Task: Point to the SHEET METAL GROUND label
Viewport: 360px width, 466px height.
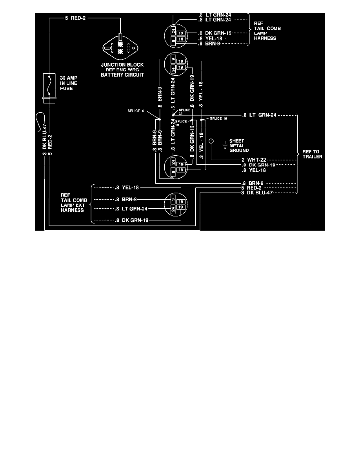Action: point(239,146)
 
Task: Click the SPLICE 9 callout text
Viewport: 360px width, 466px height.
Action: point(136,111)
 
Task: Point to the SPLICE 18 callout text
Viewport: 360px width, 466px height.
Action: point(219,118)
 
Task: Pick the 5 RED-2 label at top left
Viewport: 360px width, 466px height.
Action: point(70,17)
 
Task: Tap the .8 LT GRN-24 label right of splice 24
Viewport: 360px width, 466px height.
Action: point(260,115)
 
